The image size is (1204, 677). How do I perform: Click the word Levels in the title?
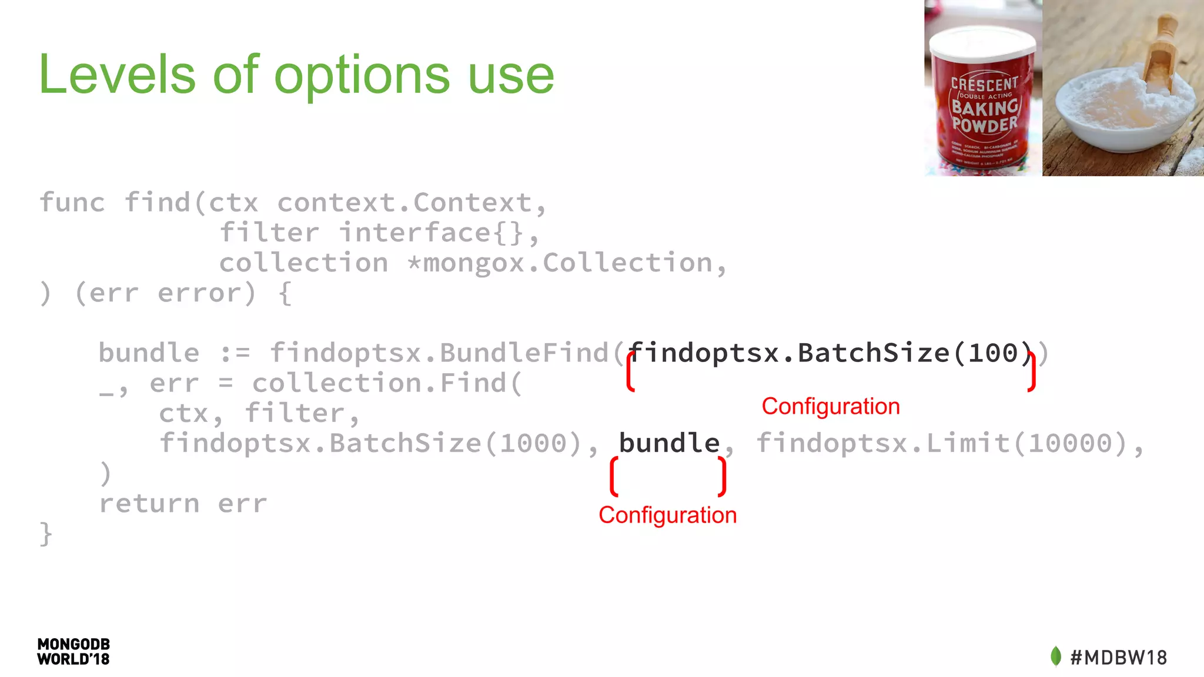coord(116,75)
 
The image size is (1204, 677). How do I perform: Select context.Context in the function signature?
coord(404,203)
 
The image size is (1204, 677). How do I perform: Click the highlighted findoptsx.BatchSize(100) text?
coord(830,353)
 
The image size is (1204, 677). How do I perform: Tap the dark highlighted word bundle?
coord(669,443)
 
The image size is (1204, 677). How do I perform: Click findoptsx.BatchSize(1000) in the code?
coord(370,443)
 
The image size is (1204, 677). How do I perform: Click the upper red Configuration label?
coord(830,407)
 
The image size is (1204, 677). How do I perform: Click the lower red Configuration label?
coord(667,515)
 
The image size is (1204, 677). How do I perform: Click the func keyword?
coord(72,203)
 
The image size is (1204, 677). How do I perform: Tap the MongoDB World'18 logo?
coord(73,652)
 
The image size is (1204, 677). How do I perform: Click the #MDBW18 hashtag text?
coord(1118,658)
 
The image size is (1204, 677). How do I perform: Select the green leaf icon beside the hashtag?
coord(1056,656)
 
